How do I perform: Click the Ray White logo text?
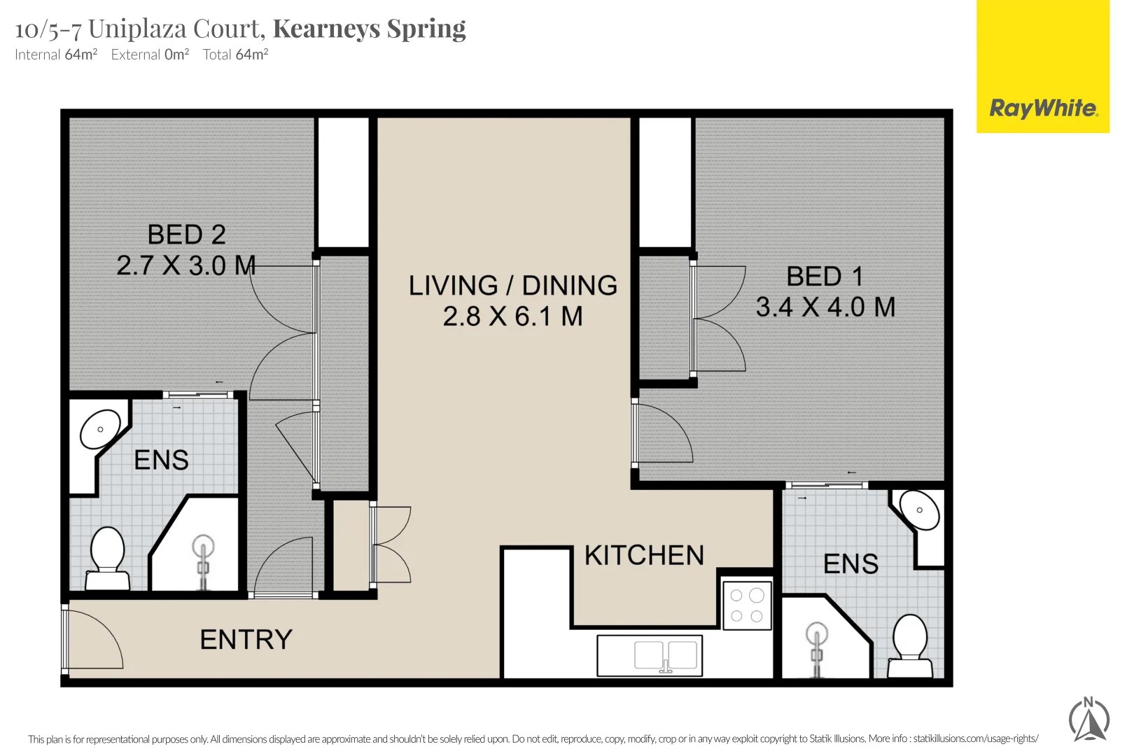click(1043, 108)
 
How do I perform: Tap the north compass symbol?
click(1089, 719)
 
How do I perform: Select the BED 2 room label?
click(186, 235)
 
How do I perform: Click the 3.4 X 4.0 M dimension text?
click(825, 307)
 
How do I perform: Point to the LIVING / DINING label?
click(513, 286)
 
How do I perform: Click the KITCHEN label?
click(644, 556)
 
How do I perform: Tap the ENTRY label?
click(246, 640)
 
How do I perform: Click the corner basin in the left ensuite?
click(99, 429)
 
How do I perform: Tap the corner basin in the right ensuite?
click(919, 510)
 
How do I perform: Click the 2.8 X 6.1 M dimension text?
click(513, 316)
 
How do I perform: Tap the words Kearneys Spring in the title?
click(369, 29)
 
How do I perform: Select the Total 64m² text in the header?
click(235, 55)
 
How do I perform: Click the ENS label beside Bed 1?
click(850, 564)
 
